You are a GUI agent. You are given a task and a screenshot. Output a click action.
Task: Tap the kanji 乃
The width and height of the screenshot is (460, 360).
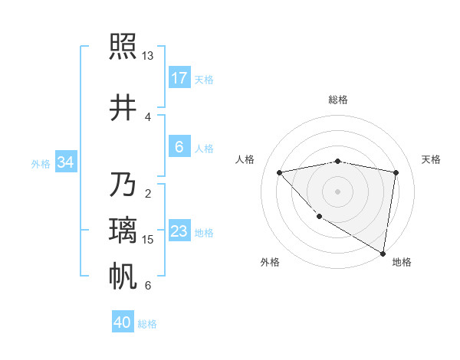(123, 185)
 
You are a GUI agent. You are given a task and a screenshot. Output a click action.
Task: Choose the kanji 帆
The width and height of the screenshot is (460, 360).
(123, 277)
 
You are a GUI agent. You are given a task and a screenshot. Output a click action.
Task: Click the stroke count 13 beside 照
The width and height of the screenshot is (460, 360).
(148, 56)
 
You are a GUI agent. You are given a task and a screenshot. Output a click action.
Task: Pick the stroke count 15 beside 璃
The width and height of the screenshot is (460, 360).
(148, 240)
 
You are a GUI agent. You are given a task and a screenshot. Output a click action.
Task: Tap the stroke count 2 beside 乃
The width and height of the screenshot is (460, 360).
(147, 193)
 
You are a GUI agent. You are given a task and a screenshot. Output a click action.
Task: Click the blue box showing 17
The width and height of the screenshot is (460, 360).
(179, 78)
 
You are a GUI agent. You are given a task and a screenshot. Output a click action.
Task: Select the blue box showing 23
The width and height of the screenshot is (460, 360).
(179, 231)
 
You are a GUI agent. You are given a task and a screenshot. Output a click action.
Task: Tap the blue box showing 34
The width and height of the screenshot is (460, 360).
(65, 162)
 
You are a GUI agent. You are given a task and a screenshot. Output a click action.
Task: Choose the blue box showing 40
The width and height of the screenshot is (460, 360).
(123, 323)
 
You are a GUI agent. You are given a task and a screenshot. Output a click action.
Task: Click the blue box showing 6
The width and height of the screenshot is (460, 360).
(179, 147)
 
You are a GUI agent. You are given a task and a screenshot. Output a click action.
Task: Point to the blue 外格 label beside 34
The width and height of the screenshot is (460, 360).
(41, 163)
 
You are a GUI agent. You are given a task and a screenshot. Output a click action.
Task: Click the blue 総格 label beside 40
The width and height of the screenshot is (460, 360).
(148, 324)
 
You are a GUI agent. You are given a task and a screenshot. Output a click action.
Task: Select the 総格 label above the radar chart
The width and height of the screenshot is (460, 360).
(337, 100)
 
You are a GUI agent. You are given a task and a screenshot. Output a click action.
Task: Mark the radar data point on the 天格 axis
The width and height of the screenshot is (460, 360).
(396, 172)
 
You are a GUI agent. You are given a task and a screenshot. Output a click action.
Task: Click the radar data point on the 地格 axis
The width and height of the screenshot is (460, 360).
(383, 253)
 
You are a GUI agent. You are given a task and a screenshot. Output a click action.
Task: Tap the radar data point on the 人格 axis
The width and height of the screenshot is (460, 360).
(280, 172)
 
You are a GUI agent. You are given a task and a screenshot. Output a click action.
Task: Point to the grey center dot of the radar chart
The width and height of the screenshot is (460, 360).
(337, 191)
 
